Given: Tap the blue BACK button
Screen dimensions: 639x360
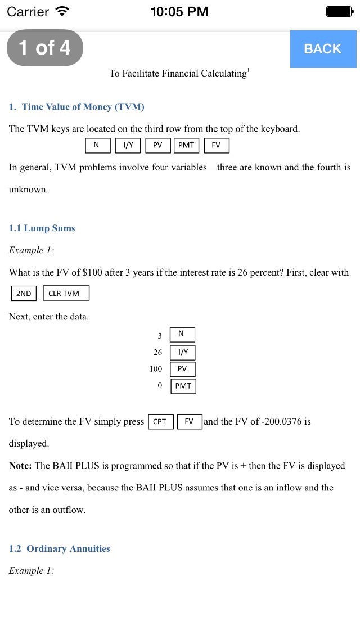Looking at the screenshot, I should [x=322, y=49].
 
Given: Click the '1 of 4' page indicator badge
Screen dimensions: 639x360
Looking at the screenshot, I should [x=45, y=48].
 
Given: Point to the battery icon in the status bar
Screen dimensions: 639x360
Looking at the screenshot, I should [x=339, y=11].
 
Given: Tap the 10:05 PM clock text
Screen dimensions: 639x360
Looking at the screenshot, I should [x=179, y=11].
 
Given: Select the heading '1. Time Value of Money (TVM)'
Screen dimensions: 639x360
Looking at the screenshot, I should [x=76, y=107].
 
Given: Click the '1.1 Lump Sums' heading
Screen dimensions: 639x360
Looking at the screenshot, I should [x=42, y=228].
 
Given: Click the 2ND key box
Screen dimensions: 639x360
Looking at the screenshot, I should [x=24, y=294].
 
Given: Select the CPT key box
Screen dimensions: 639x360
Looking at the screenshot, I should [x=160, y=421].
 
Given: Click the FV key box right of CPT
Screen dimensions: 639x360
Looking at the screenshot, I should [x=189, y=421].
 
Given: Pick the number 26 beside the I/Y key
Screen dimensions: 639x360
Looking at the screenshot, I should [x=157, y=353].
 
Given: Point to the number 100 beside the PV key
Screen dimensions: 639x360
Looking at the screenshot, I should [x=156, y=369].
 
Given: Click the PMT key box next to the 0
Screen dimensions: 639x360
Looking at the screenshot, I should [x=183, y=386].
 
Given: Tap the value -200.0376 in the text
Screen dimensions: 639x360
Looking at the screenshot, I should [x=285, y=421].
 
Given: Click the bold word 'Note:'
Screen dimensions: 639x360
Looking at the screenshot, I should [x=21, y=466].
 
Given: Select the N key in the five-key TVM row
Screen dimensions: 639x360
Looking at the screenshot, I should [x=96, y=145].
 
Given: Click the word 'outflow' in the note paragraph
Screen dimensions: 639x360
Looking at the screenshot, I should [x=68, y=510].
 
